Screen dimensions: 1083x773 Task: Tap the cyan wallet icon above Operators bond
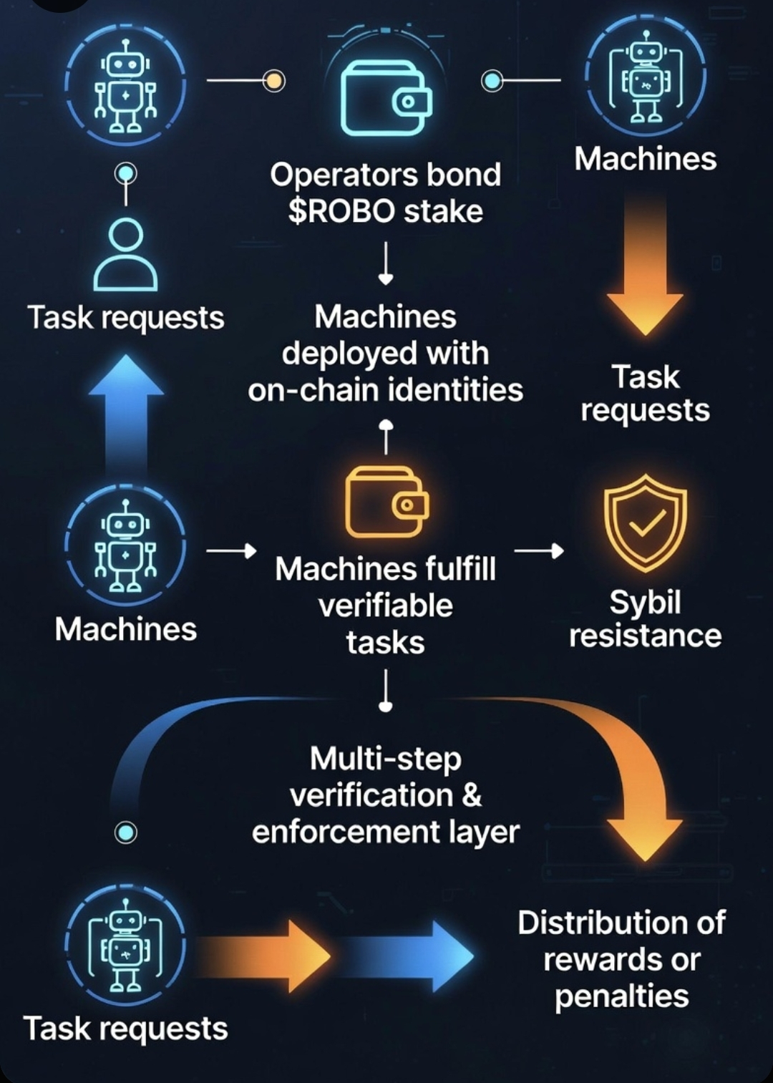(x=386, y=98)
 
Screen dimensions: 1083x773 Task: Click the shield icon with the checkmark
(x=646, y=522)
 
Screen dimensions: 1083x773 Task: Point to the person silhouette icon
(x=126, y=255)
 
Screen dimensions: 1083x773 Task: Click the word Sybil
(x=645, y=602)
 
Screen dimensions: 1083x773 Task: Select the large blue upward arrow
(x=126, y=415)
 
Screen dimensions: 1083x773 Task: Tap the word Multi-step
(x=386, y=759)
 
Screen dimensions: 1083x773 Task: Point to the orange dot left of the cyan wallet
(x=273, y=81)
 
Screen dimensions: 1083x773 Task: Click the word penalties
(x=621, y=996)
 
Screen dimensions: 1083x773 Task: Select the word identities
(x=455, y=390)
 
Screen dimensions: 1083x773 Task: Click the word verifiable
(x=386, y=606)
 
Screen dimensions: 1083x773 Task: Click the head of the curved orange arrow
(x=645, y=837)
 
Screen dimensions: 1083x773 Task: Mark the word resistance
(x=645, y=636)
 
